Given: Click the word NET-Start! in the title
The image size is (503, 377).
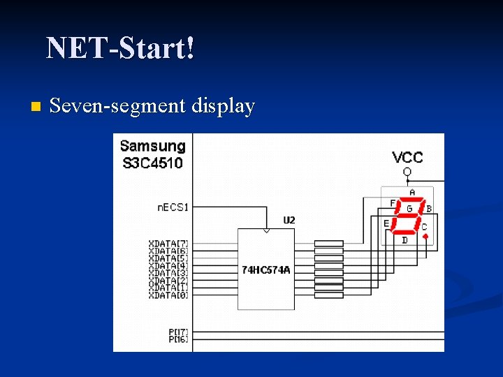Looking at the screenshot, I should pyautogui.click(x=120, y=49).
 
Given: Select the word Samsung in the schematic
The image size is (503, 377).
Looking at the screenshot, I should pyautogui.click(x=152, y=147).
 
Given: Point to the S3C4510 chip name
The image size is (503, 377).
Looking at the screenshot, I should pyautogui.click(x=152, y=163).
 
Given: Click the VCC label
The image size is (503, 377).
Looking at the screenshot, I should pyautogui.click(x=407, y=158).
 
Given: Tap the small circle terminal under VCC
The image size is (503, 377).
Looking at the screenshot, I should pyautogui.click(x=407, y=172).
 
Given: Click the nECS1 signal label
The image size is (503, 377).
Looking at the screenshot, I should pyautogui.click(x=173, y=207).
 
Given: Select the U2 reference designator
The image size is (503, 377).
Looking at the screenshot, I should pyautogui.click(x=289, y=220).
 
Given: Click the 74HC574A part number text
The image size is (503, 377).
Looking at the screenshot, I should pyautogui.click(x=265, y=269).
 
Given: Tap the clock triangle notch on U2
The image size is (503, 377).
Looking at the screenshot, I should pyautogui.click(x=265, y=230).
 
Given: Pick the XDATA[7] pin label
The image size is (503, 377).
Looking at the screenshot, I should pyautogui.click(x=168, y=243).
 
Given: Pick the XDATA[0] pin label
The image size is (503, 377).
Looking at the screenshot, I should pyautogui.click(x=168, y=295).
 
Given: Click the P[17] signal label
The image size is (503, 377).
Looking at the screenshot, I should pyautogui.click(x=178, y=332).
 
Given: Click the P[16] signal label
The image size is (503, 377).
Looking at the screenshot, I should pyautogui.click(x=178, y=339).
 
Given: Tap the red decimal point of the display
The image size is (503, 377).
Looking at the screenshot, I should pyautogui.click(x=425, y=236).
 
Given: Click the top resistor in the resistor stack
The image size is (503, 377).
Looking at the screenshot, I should pyautogui.click(x=328, y=243).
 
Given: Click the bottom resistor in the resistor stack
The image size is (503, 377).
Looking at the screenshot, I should pyautogui.click(x=328, y=295).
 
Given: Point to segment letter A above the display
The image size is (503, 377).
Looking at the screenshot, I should pyautogui.click(x=411, y=193).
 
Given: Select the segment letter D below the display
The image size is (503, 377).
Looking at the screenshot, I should pyautogui.click(x=404, y=241).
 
